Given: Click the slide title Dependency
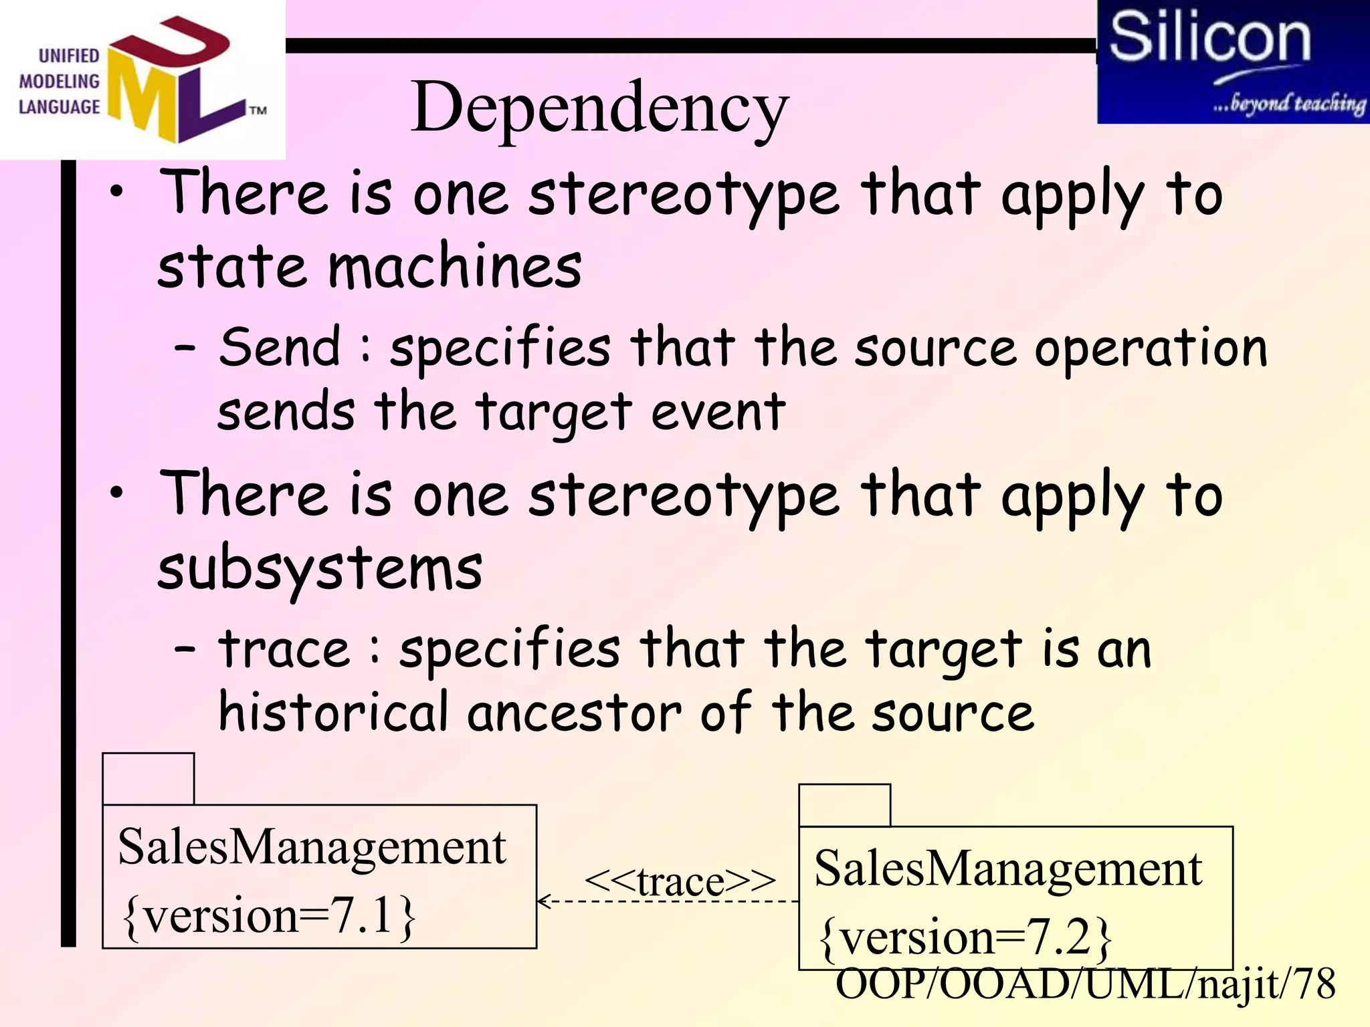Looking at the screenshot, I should point(599,108).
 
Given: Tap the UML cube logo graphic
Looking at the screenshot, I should point(175,80).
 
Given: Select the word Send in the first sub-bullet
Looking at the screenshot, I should point(280,347).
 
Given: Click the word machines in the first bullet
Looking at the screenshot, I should point(455,267).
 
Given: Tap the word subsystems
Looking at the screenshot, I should point(320,569).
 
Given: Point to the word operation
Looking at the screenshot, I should point(1151,348).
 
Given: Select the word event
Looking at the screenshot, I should point(718,412).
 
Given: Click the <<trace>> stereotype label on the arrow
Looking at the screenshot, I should point(680,881).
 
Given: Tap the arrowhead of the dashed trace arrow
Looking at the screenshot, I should point(543,901).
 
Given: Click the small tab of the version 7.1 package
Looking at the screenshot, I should point(149,778).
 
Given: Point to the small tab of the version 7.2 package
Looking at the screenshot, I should point(844,805).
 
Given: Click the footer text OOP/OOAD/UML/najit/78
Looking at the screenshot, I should point(1085,984).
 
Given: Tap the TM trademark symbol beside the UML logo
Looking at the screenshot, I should point(258,110).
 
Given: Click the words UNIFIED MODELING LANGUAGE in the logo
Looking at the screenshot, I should point(60,82).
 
